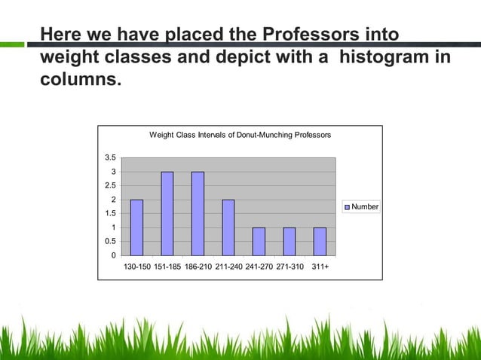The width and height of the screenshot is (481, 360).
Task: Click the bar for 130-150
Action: coord(136,227)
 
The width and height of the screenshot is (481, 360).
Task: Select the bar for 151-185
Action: coord(167,214)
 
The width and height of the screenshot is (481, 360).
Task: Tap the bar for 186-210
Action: coord(198,214)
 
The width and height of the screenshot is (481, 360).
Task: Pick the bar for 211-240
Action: coord(228,227)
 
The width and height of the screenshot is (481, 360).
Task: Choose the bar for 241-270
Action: coord(259,241)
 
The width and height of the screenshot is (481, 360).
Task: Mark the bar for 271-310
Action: coord(290,241)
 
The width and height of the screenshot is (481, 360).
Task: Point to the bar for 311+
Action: coord(320,241)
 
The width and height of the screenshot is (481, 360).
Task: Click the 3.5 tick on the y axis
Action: coord(110,158)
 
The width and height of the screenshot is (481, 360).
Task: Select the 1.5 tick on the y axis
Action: coord(110,214)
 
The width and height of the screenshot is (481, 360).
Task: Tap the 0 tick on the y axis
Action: coord(113,255)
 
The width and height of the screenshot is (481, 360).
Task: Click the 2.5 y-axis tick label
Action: coord(110,186)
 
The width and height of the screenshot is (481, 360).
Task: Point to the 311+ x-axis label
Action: coord(320,267)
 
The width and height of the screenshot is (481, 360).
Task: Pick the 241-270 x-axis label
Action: coord(259,267)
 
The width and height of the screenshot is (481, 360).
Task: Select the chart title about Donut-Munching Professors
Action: coord(240,136)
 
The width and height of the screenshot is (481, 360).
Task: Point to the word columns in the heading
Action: coord(78,78)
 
